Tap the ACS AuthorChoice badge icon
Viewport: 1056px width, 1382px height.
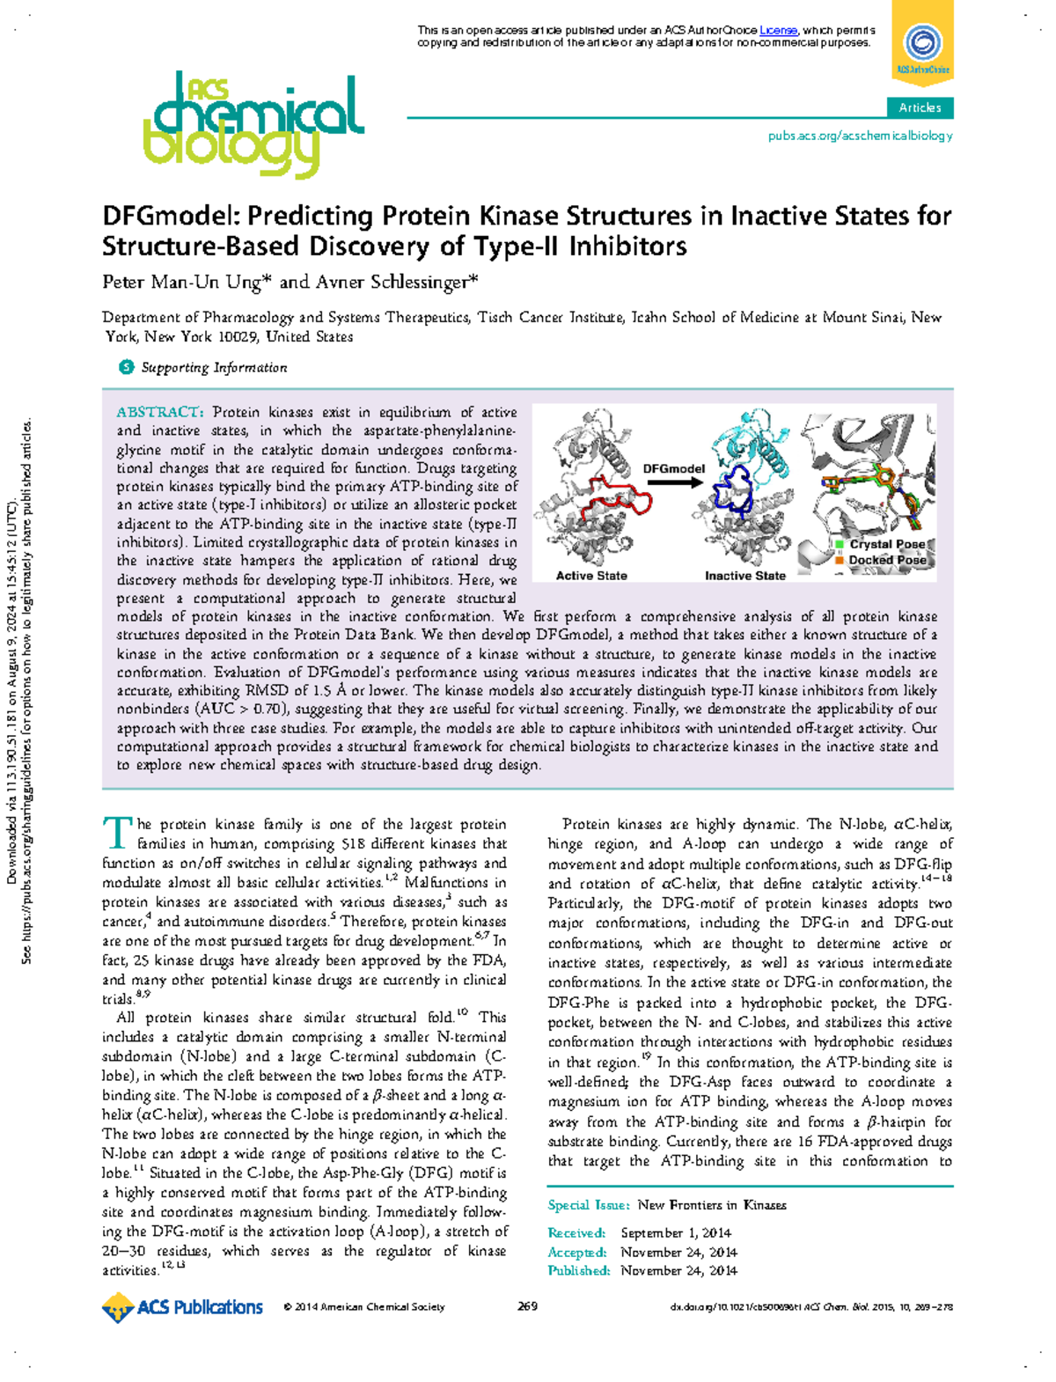[x=922, y=44]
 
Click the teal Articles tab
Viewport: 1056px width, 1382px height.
[x=920, y=107]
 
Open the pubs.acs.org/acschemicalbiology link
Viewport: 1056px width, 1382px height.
[x=860, y=136]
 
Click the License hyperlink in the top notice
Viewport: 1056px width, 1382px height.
[x=778, y=31]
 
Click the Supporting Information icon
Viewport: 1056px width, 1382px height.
[x=127, y=367]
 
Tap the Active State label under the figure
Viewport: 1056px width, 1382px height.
[x=591, y=576]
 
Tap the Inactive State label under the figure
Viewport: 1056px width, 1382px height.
[x=744, y=576]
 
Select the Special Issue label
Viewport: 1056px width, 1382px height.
[x=588, y=1205]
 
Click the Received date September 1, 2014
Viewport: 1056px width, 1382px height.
[x=675, y=1232]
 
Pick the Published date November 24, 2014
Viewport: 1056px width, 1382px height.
[x=678, y=1270]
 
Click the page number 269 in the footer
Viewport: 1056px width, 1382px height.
[x=528, y=1306]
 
